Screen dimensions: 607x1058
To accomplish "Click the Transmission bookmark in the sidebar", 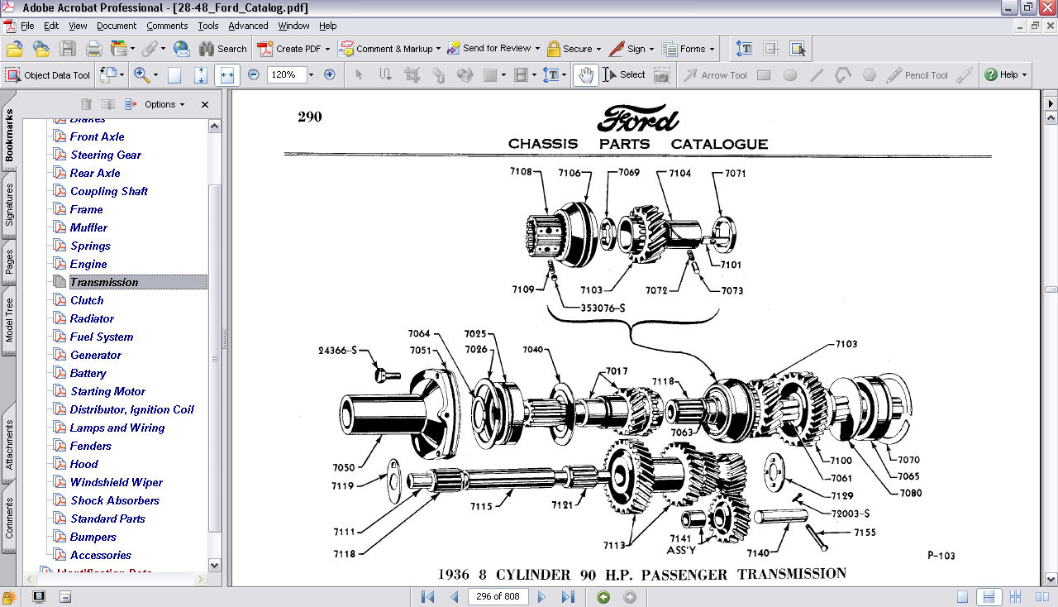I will [x=104, y=282].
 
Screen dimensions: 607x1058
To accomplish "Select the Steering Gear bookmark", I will [x=105, y=155].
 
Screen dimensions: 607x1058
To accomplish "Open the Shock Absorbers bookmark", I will [x=114, y=500].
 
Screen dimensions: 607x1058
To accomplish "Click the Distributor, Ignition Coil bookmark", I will [x=131, y=409].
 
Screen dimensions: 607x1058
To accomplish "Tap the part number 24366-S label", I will [x=337, y=351].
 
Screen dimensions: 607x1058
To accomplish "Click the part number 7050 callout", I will [x=344, y=467].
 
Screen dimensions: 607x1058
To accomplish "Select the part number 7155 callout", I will [x=865, y=533].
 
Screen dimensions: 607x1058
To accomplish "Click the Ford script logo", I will [x=637, y=118].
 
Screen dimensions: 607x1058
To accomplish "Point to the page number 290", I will [x=310, y=117].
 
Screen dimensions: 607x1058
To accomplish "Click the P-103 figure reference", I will [x=941, y=556].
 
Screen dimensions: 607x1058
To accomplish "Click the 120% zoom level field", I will [x=284, y=74].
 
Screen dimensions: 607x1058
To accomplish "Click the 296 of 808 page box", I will [x=496, y=596].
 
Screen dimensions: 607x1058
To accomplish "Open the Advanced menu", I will [x=248, y=26].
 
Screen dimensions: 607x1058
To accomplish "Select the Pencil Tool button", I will [x=917, y=75].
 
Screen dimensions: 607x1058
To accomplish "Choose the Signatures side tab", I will [x=9, y=205].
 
